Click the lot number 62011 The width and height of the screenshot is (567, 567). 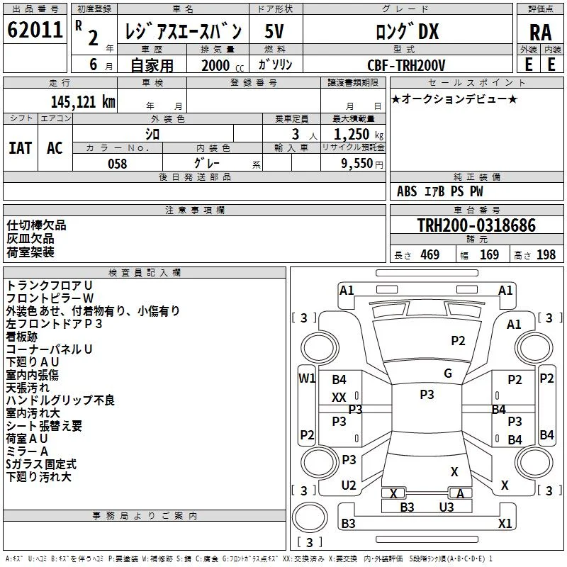pos(35,30)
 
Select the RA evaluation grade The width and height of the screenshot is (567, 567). pos(540,33)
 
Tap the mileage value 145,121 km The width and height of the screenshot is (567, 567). pos(83,102)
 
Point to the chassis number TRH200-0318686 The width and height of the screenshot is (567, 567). pos(476,225)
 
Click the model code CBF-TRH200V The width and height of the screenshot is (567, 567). pos(406,65)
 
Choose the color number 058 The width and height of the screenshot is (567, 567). pos(118,164)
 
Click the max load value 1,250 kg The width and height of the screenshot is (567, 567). pos(359,135)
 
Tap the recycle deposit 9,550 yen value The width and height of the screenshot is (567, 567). pos(362,164)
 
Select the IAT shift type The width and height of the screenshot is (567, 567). pos(21,148)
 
